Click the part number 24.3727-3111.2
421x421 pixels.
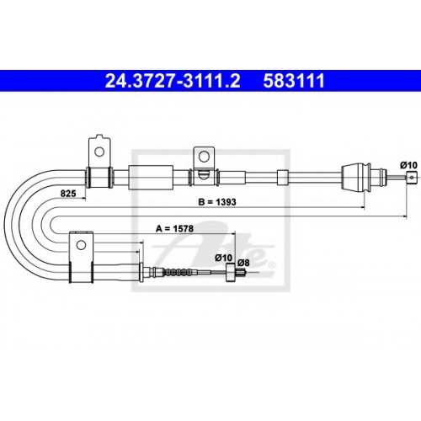tap(173, 81)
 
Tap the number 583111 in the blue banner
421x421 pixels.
tap(294, 81)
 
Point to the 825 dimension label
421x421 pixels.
tap(68, 194)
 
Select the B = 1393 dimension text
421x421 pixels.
tap(217, 202)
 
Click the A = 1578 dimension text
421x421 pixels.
tap(174, 229)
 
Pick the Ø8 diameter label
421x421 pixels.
tap(243, 263)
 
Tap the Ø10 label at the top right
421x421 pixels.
tap(408, 165)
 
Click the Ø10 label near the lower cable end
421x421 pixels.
tap(224, 258)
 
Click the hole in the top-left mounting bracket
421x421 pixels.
tap(99, 152)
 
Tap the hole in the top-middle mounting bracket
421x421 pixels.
tap(204, 156)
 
